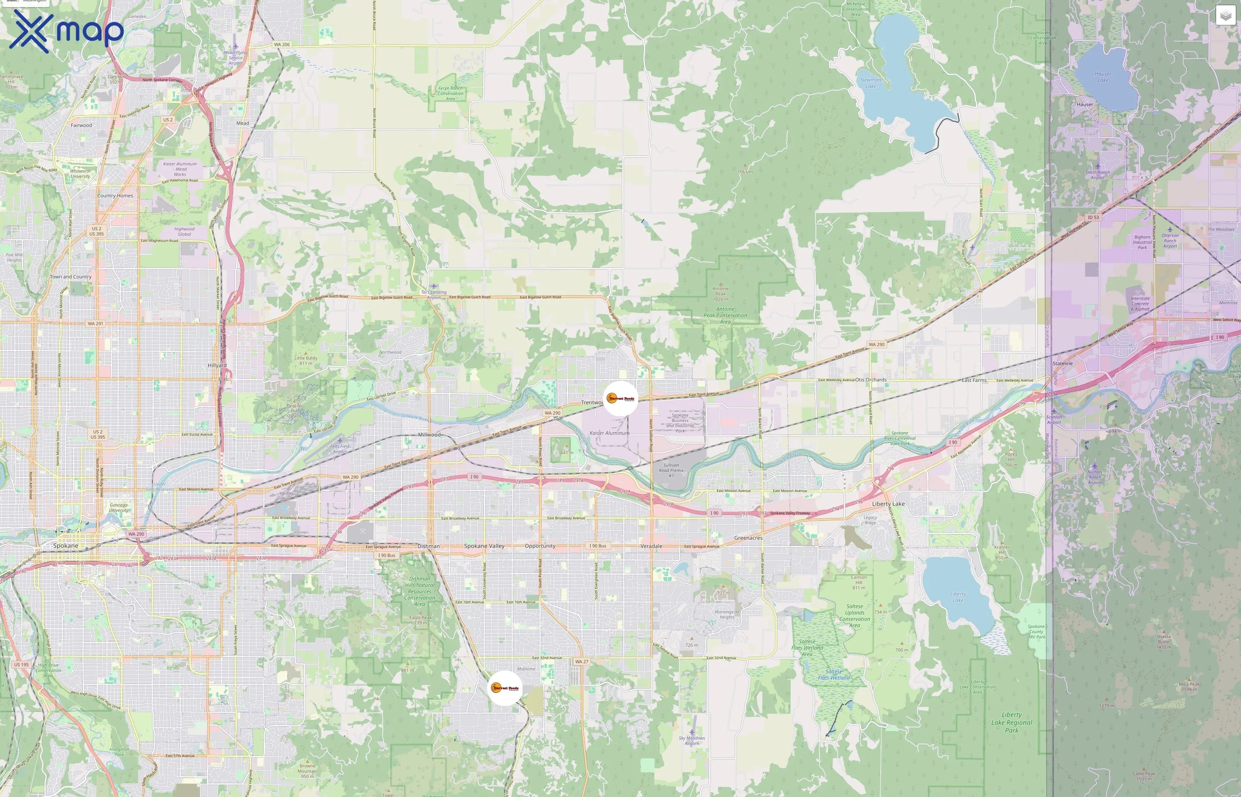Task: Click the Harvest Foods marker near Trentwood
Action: pos(620,398)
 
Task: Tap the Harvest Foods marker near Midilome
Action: pos(505,688)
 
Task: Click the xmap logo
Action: pos(66,31)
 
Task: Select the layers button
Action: pos(1225,15)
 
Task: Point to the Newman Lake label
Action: pos(870,83)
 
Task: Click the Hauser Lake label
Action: pos(1103,77)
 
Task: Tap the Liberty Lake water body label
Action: pos(958,597)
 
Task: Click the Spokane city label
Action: pos(66,546)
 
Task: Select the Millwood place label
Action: pos(429,434)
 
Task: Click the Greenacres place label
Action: pos(748,538)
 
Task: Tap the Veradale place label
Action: pos(651,546)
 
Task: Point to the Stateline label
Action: pos(1062,364)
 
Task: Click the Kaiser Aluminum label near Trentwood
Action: pos(609,433)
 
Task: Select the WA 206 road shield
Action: pos(282,45)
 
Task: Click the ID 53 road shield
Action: pos(1093,217)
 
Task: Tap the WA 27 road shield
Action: pos(581,662)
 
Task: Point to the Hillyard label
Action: pos(217,365)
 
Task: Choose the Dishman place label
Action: pos(428,546)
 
